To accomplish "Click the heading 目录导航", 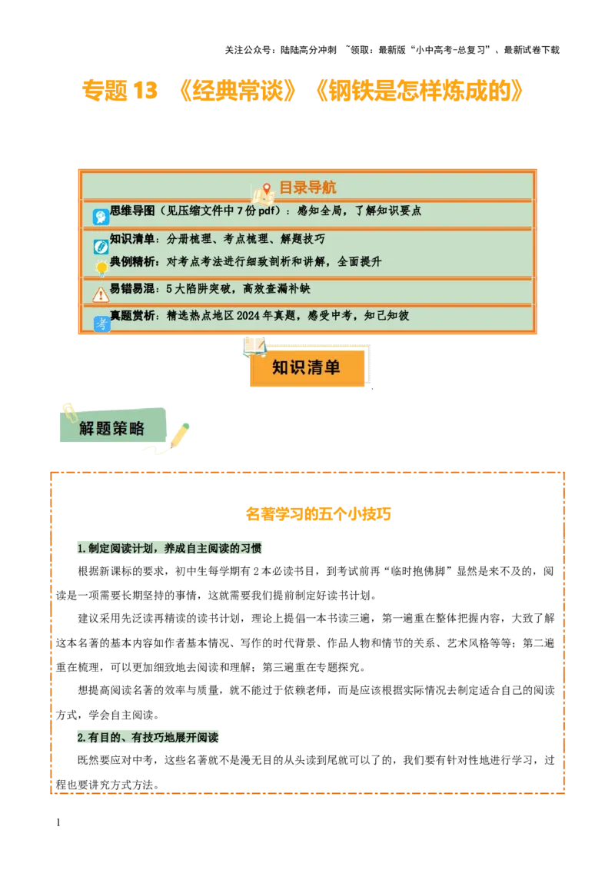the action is [x=307, y=188].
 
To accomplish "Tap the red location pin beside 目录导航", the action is [x=267, y=188].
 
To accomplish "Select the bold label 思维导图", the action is [x=132, y=211].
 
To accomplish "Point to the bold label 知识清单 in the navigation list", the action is [x=132, y=239].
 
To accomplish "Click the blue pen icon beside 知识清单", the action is [x=101, y=247].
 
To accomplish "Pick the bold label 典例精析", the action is [x=132, y=261].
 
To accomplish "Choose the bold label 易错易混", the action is [x=132, y=289].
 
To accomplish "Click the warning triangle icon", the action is [x=101, y=294].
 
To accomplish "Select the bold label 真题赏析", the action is [x=132, y=315].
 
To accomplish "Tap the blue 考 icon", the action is [x=101, y=324].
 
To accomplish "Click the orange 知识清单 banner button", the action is [x=306, y=367].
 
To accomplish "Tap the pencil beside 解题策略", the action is [x=180, y=436].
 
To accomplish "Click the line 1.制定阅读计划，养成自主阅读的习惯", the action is [x=169, y=549].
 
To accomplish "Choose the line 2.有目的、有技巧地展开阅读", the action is [x=148, y=736].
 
